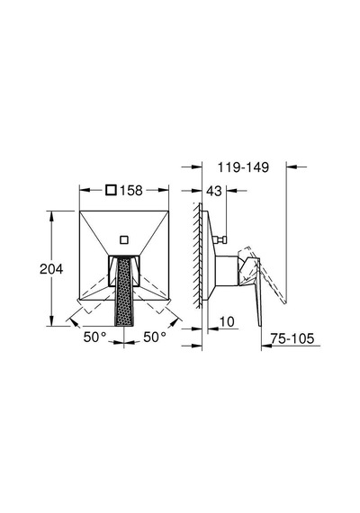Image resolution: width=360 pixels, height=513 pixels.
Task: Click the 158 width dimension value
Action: [131, 190]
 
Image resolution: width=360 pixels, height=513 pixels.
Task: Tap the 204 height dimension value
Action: [51, 269]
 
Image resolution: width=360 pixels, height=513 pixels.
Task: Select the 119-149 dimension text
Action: [243, 167]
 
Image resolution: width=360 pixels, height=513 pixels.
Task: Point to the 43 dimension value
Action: [214, 191]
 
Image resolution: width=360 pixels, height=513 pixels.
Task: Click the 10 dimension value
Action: [227, 321]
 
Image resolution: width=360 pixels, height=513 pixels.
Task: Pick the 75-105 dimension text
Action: [292, 338]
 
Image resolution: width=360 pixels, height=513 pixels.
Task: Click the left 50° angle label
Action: [94, 337]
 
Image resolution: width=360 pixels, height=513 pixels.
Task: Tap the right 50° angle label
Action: [155, 337]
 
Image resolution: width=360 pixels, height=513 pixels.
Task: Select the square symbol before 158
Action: [112, 190]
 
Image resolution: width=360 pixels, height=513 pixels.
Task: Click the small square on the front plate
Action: [124, 239]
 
